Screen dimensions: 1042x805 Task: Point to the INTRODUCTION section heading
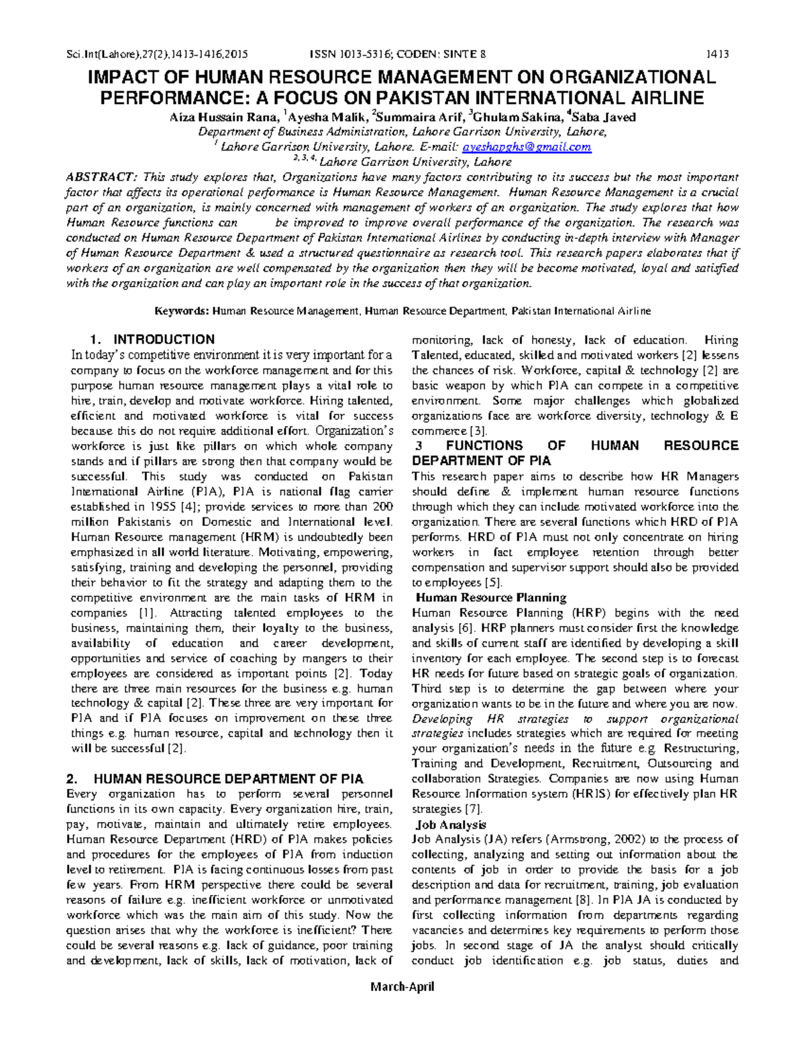point(164,340)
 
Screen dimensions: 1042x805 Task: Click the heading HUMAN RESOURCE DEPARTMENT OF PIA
point(228,779)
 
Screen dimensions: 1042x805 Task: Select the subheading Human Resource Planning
point(491,598)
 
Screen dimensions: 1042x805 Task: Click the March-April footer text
point(402,986)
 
